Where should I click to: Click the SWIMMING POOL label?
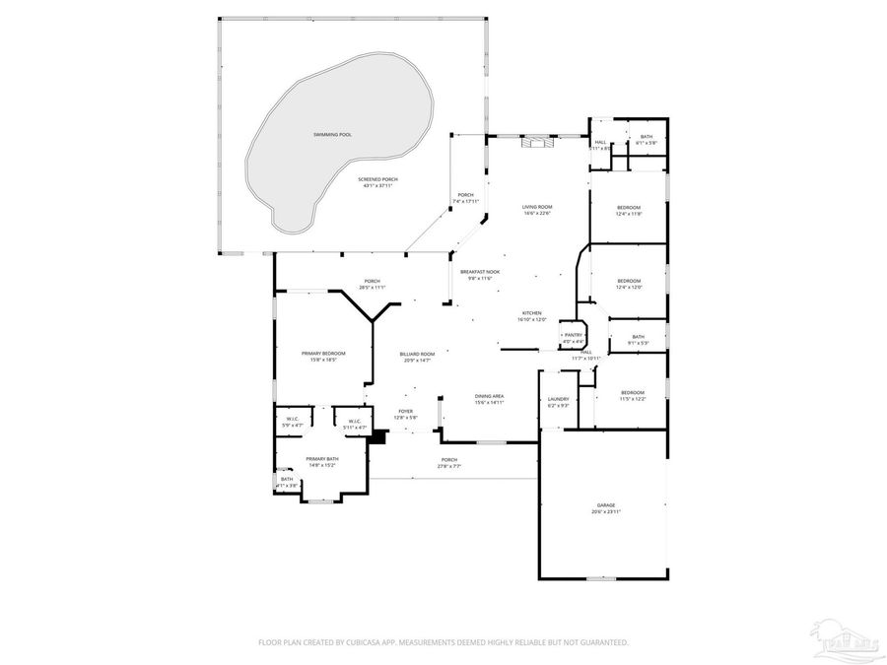click(332, 133)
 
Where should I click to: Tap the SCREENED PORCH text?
click(378, 179)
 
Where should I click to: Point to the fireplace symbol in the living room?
click(536, 142)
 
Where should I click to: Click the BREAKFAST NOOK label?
click(480, 274)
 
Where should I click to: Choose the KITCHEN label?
click(532, 315)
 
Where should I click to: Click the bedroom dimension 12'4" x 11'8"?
click(629, 214)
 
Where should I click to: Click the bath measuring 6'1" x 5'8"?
click(646, 143)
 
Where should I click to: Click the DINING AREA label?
click(490, 398)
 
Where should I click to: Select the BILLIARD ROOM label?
click(417, 357)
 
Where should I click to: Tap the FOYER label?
click(405, 414)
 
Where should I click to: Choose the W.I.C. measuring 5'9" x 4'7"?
click(292, 423)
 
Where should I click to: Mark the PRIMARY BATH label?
click(322, 461)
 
